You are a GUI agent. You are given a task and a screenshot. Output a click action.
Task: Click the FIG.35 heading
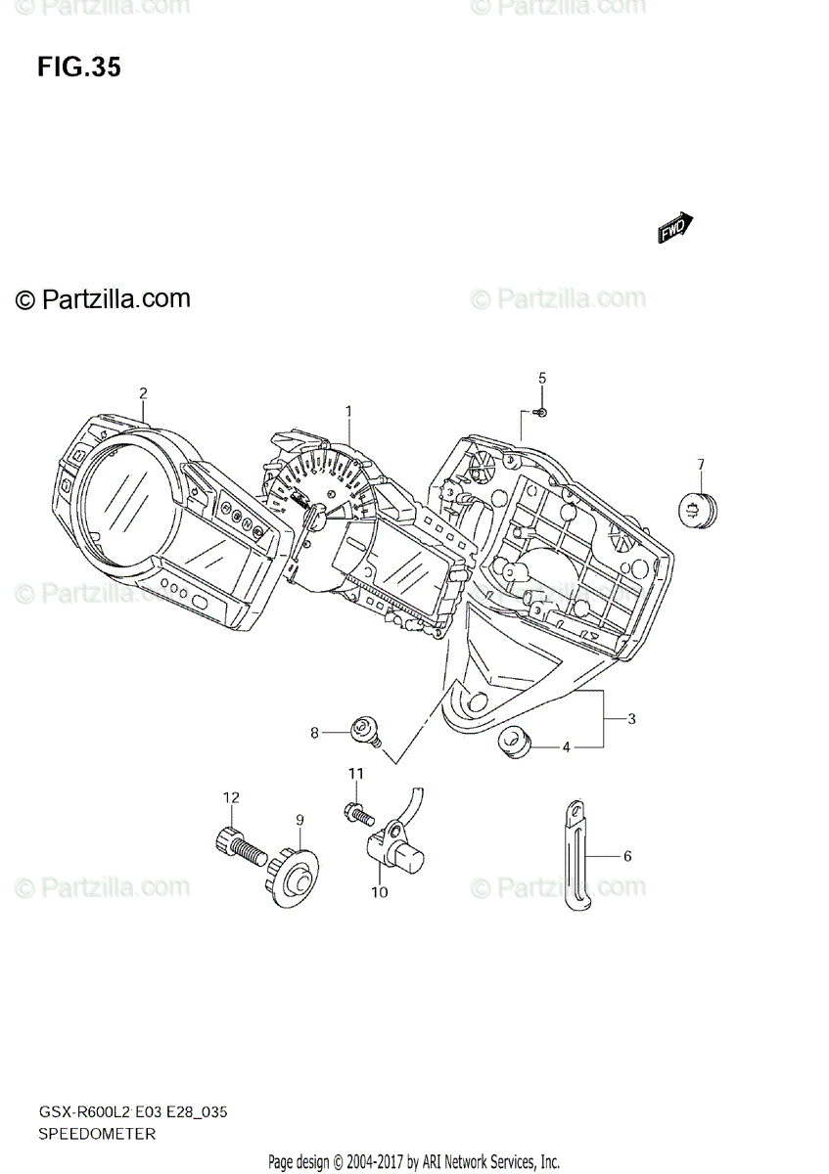[x=79, y=68]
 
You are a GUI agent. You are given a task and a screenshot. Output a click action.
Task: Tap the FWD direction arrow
[x=675, y=228]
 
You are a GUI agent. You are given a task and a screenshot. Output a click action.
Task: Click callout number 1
[x=347, y=411]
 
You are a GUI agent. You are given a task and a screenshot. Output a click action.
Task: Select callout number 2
[x=143, y=393]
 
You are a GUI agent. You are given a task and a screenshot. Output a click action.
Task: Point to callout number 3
[x=632, y=720]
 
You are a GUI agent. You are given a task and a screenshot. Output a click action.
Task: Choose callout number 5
[x=542, y=378]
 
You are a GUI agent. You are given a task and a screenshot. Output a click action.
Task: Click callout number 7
[x=701, y=464]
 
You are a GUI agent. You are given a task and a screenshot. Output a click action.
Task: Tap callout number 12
[x=230, y=798]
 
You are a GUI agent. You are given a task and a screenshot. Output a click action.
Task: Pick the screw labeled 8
[x=366, y=728]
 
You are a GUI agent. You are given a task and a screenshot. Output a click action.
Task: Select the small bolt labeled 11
[x=355, y=811]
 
